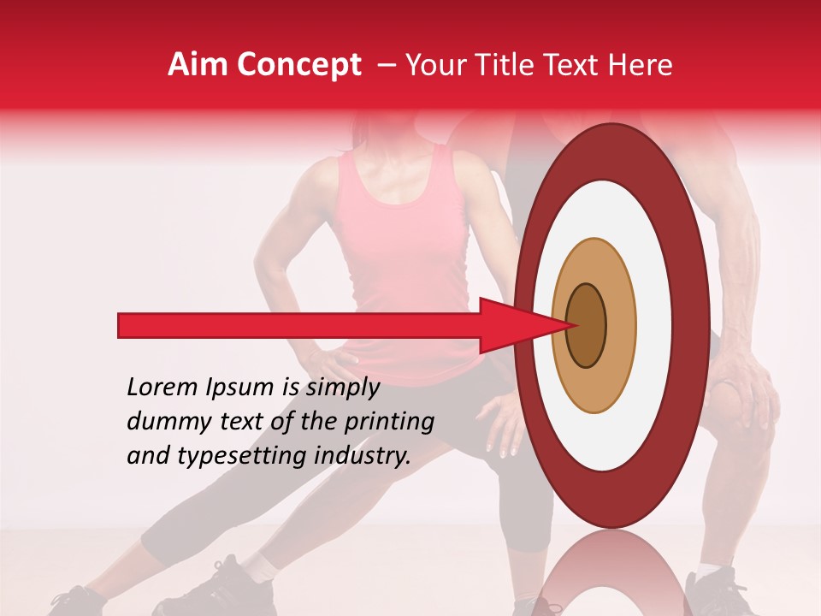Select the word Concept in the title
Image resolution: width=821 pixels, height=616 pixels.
(x=298, y=66)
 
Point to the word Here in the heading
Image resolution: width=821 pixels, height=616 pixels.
(x=640, y=65)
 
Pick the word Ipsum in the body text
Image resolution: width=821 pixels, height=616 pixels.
(x=243, y=388)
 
